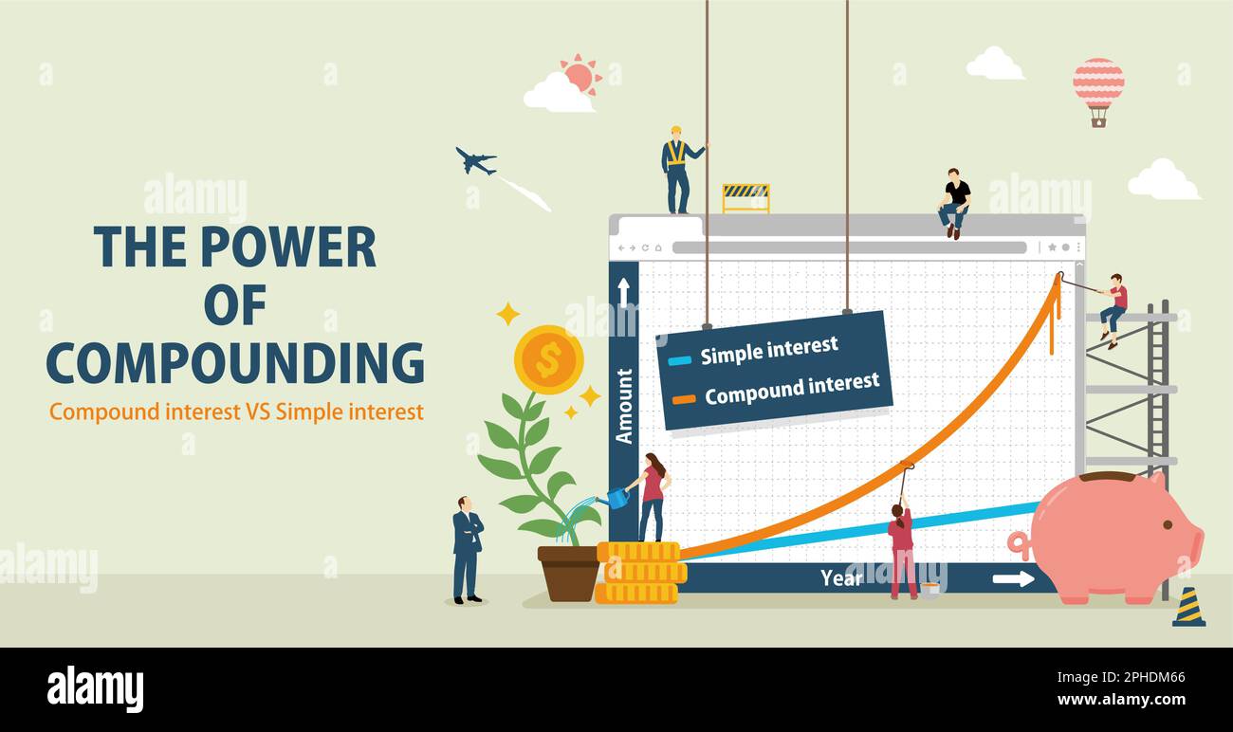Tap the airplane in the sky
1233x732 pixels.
475,161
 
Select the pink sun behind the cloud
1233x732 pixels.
580,75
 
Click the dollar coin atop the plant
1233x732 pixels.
548,359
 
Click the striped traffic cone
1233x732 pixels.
1188,608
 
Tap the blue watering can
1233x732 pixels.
617,497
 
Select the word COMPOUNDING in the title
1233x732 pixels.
234,362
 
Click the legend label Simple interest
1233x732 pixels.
768,350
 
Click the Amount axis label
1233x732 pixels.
624,406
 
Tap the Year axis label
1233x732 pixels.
841,577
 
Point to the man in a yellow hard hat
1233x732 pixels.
677,169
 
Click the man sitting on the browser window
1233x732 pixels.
954,202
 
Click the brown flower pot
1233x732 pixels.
568,573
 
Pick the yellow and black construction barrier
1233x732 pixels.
745,197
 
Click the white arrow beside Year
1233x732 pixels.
1013,578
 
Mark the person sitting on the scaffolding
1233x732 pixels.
1114,309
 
